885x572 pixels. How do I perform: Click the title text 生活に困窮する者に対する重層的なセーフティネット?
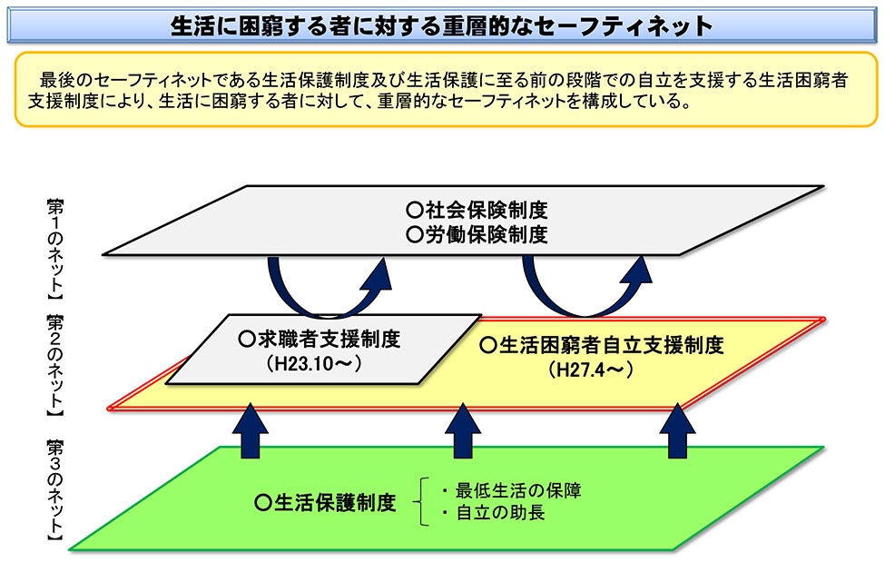[441, 26]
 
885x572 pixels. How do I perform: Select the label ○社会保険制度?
[477, 210]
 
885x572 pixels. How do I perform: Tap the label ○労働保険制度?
[477, 234]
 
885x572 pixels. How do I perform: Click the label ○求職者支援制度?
[320, 339]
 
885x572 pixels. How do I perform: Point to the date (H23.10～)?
[314, 363]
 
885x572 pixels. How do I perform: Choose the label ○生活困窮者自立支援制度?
[601, 344]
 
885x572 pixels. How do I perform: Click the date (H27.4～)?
[590, 370]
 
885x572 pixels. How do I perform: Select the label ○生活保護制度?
[325, 502]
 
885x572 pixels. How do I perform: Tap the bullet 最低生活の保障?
[512, 489]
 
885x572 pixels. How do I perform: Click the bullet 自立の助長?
[494, 513]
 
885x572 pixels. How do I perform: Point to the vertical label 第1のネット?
[55, 248]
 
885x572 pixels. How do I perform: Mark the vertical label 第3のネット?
[55, 490]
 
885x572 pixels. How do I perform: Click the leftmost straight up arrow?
[250, 430]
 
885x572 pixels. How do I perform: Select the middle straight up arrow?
[463, 430]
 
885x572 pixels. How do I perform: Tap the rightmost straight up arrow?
[677, 430]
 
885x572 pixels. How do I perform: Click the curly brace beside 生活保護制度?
[420, 502]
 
